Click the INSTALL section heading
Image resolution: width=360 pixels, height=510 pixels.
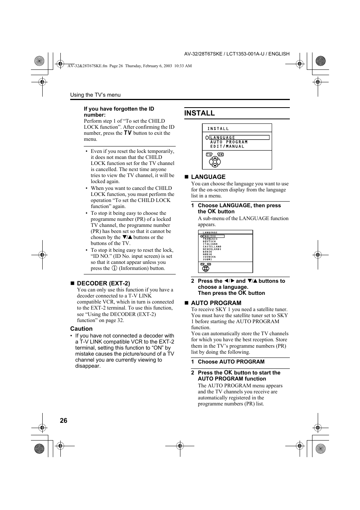coord(200,113)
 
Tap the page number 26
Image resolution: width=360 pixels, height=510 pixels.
coord(63,421)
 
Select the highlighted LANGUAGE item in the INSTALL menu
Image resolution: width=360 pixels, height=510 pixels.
coord(223,138)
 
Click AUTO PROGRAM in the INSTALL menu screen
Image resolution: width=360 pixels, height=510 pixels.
coord(229,142)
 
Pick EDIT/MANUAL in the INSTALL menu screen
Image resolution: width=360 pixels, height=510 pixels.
coord(227,146)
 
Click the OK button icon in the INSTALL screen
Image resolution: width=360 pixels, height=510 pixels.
coord(221,154)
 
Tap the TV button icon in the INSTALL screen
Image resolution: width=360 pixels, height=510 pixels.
coord(209,154)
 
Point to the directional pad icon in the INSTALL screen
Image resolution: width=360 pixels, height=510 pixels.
coord(215,162)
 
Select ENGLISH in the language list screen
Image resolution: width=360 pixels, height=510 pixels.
coord(210,236)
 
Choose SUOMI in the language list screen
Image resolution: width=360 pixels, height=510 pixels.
coord(208,259)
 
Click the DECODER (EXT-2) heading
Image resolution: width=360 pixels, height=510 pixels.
coord(103,283)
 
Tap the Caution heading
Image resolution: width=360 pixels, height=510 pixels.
coord(81,329)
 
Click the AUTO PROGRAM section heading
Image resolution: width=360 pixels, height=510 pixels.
coord(216,303)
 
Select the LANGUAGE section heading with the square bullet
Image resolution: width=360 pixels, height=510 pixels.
coord(208,177)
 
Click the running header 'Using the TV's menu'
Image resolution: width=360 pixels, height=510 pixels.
coord(95,95)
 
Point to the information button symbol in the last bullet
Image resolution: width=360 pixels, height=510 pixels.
coord(114,268)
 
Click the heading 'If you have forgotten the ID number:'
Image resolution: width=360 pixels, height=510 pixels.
coord(119,112)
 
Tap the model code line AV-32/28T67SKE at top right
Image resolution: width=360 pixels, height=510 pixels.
coord(237,54)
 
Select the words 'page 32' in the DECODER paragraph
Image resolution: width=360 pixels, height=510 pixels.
coord(115,320)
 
